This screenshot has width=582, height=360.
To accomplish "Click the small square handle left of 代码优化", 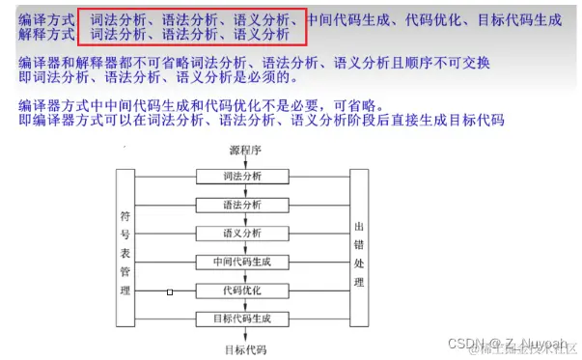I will pos(170,291).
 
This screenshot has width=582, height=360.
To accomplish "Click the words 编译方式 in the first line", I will pos(45,19).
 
